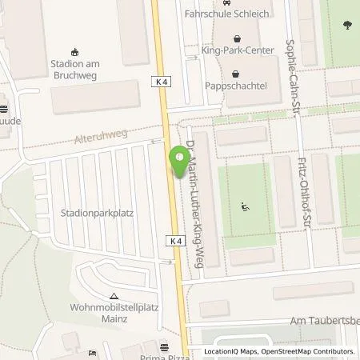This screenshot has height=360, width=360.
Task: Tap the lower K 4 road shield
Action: (178, 239)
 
